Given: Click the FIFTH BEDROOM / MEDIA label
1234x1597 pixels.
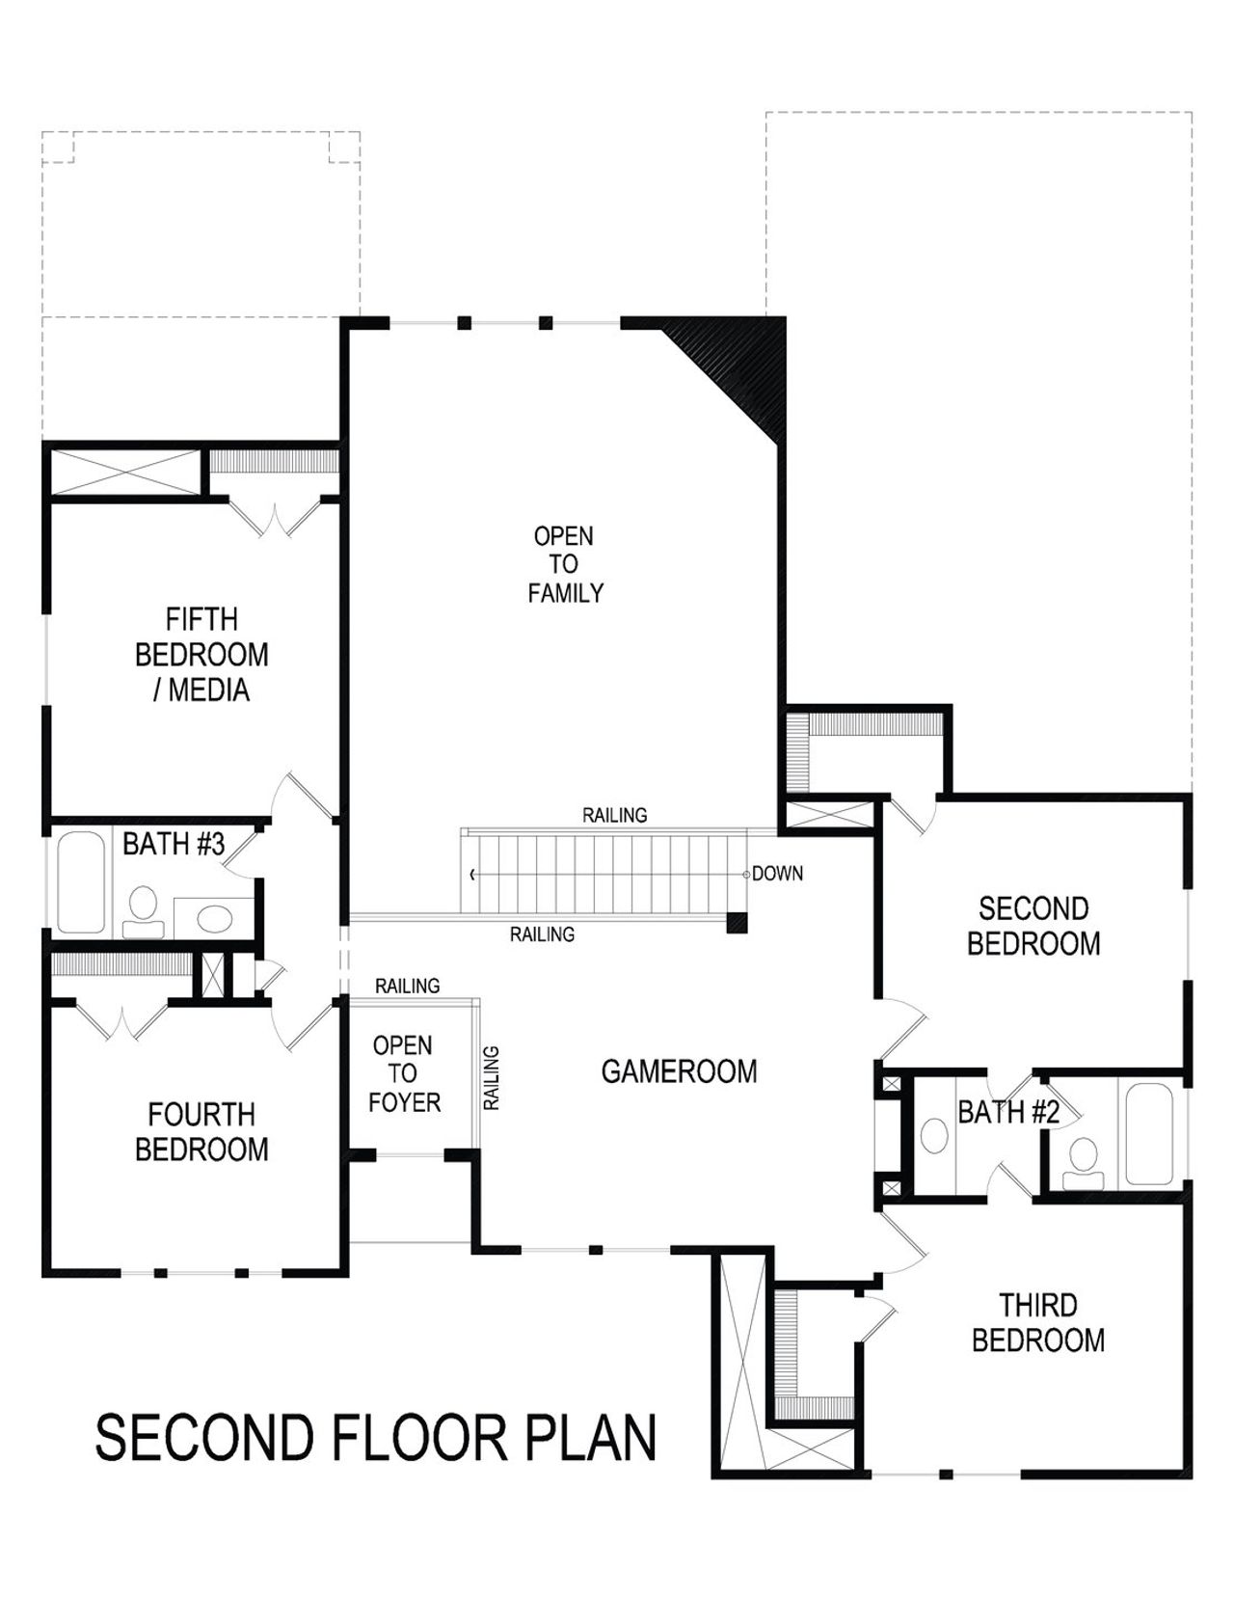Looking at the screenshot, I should (201, 655).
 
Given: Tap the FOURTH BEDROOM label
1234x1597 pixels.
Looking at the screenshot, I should (201, 1132).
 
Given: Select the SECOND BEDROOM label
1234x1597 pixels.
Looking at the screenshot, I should (1033, 926).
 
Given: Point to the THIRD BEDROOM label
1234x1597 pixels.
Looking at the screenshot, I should (1037, 1323).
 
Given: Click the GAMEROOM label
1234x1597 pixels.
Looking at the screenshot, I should (679, 1071).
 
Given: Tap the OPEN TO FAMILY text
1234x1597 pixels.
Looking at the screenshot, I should (565, 564).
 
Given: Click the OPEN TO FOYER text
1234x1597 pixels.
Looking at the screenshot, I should (404, 1073).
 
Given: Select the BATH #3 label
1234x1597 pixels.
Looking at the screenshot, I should (174, 845).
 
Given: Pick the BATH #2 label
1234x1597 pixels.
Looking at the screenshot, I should (1007, 1113).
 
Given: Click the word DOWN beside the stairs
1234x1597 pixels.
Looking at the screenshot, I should (777, 874).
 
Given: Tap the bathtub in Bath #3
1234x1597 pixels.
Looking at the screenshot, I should (80, 881).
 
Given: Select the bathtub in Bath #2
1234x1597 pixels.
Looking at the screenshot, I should (1148, 1134).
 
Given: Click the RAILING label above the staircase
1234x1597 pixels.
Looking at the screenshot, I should (614, 816).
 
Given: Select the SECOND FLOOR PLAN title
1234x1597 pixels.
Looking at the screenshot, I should (375, 1438).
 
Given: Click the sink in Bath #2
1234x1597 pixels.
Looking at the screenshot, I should (934, 1135).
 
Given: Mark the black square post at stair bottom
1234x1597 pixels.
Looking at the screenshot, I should (738, 923).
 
